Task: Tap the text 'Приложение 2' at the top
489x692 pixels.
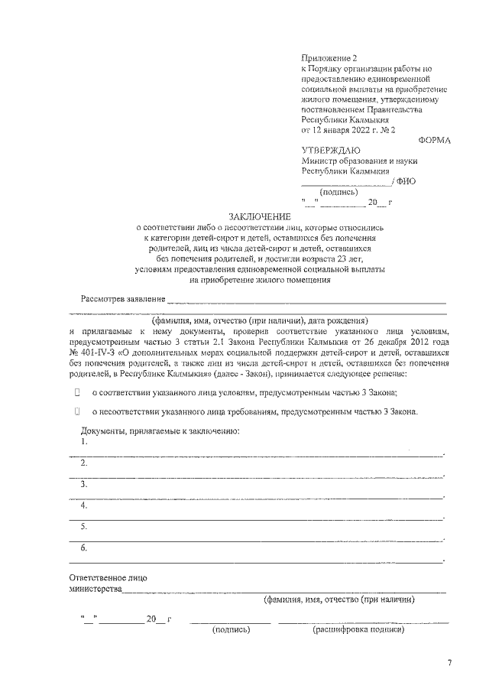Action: tap(329, 57)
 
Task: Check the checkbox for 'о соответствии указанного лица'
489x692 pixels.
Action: tap(77, 391)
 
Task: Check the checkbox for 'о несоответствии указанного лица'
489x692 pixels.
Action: tap(77, 411)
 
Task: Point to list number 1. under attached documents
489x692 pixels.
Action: tap(84, 442)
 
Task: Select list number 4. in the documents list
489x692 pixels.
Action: tap(84, 505)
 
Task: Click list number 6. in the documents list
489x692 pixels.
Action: tap(84, 547)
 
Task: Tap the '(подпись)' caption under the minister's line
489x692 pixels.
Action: tap(337, 192)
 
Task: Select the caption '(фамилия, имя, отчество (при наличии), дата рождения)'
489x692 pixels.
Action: tap(261, 320)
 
